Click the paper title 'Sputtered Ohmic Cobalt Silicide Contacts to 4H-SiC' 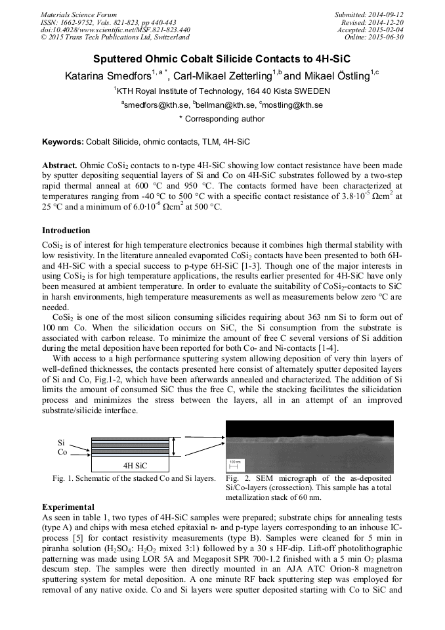(222, 58)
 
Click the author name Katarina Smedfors (107, 76)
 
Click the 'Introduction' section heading (66, 231)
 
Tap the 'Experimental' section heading (68, 506)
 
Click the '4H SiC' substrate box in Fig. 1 (135, 465)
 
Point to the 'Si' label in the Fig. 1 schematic (61, 443)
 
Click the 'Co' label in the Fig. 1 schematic (62, 452)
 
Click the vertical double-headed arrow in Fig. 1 (173, 447)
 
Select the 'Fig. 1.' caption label (64, 478)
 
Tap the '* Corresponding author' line (222, 119)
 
